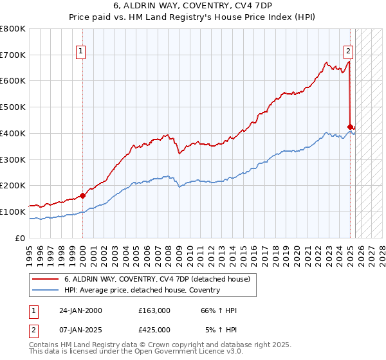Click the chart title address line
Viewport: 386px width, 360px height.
192,7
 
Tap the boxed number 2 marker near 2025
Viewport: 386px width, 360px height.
348,52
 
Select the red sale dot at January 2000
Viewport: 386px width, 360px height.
82,195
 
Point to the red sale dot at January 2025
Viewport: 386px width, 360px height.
350,127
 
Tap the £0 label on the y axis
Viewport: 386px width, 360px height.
19,238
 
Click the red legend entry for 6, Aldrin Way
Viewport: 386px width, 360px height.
161,279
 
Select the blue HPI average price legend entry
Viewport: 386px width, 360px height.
142,290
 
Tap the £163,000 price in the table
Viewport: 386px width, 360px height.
154,310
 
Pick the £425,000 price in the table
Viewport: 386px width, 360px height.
154,330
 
